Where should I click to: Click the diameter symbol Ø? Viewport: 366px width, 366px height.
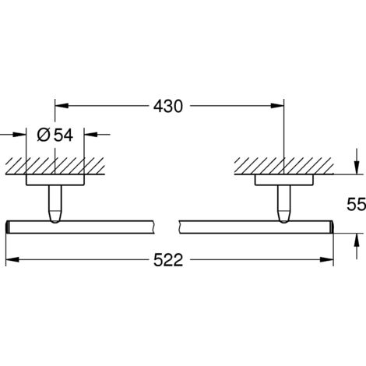coord(44,135)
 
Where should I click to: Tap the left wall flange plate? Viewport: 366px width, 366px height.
coord(55,181)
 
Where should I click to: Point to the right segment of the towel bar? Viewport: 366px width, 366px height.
coord(257,227)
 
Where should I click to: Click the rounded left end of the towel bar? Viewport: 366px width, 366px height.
coord(8,227)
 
